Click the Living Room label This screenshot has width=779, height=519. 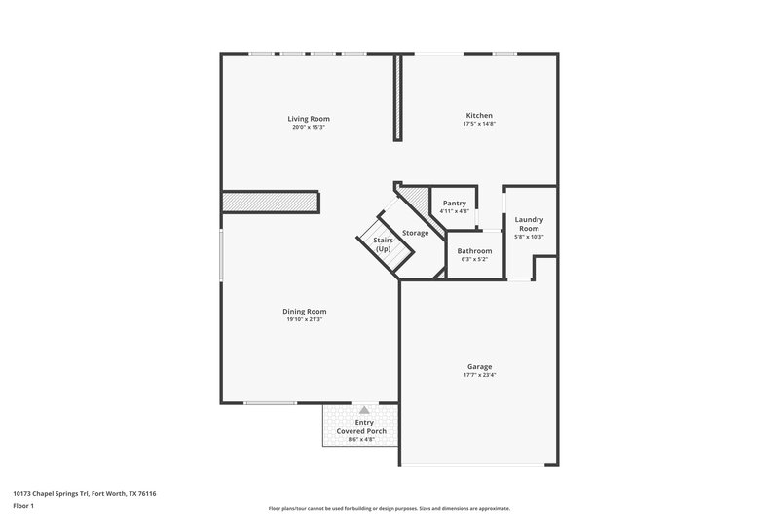click(x=308, y=119)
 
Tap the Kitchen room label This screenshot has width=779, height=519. click(x=479, y=116)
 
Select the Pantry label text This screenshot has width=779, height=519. click(x=455, y=203)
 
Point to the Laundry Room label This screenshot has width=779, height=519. click(x=529, y=224)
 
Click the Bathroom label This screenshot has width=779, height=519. click(x=475, y=250)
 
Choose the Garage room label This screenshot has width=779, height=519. click(x=480, y=367)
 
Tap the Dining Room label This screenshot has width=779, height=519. click(x=306, y=311)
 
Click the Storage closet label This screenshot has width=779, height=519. click(x=416, y=232)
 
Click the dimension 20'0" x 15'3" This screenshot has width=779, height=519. click(x=308, y=128)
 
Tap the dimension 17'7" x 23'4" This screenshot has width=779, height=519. click(x=480, y=376)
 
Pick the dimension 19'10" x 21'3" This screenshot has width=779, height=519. click(x=306, y=319)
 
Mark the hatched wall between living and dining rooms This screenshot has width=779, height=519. click(x=272, y=202)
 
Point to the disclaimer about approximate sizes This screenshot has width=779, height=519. click(x=389, y=508)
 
